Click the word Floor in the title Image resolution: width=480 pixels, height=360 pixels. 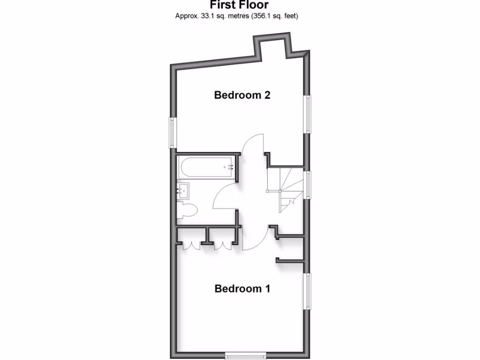pos(255,5)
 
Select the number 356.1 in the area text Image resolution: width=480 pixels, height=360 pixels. pos(261,16)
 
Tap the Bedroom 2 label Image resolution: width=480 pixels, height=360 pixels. pos(242,95)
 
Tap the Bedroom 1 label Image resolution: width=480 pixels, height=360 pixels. pos(242,288)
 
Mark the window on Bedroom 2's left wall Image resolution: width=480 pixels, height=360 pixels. pos(172,132)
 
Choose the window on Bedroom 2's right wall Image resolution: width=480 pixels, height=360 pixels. pos(308,113)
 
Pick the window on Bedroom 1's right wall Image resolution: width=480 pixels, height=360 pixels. pos(308,291)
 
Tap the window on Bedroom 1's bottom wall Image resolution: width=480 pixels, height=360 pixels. pos(245,353)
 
